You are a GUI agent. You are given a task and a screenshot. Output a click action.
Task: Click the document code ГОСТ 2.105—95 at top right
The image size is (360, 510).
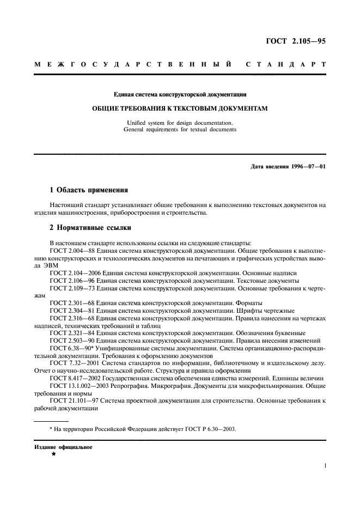[296, 41]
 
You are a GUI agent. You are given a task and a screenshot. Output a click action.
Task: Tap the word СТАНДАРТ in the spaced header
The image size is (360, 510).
[286, 64]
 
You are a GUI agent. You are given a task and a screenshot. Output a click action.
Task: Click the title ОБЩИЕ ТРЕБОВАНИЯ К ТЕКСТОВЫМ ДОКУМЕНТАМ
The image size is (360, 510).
[180, 108]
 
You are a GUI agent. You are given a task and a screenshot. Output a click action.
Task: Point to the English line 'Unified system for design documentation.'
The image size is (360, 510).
[180, 123]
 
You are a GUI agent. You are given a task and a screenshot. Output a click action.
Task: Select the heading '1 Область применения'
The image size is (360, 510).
[88, 190]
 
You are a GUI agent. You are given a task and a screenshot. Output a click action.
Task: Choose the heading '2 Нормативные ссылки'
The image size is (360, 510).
[90, 227]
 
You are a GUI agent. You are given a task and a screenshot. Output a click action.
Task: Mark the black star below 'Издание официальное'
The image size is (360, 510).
[53, 453]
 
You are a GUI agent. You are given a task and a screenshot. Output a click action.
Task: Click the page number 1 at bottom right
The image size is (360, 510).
[325, 466]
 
